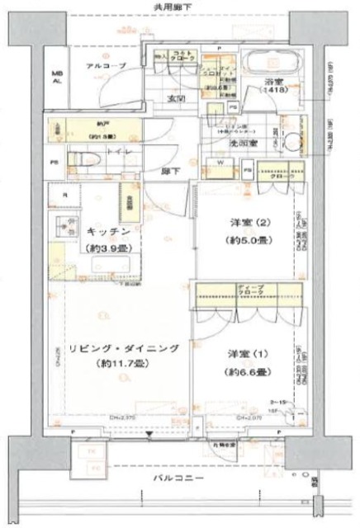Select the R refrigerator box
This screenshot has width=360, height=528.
(x=64, y=196)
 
